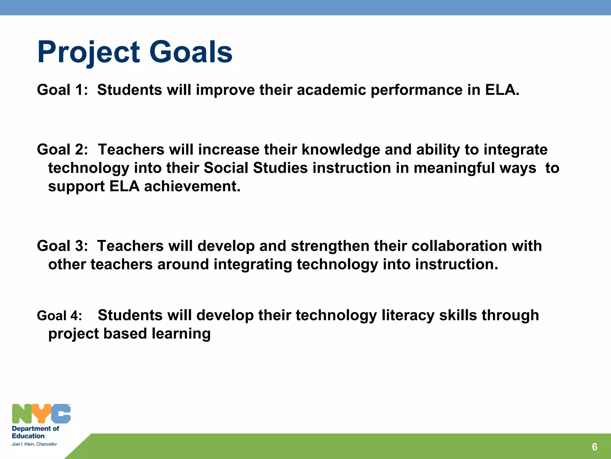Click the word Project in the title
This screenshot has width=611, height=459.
pyautogui.click(x=89, y=53)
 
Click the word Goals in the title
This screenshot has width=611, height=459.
pyautogui.click(x=191, y=53)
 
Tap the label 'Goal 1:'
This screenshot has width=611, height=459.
pyautogui.click(x=62, y=90)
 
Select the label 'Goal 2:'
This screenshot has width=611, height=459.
pyautogui.click(x=62, y=150)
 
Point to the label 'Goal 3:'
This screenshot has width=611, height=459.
pyautogui.click(x=62, y=246)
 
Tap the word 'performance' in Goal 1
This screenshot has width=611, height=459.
pyautogui.click(x=416, y=90)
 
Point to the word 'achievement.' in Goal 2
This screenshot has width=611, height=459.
pyautogui.click(x=192, y=186)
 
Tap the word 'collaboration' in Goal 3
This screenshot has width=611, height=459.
pyautogui.click(x=459, y=246)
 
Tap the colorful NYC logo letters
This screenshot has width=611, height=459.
pyautogui.click(x=41, y=414)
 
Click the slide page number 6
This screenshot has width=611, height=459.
pyautogui.click(x=594, y=447)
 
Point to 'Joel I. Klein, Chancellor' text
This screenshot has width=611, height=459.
pyautogui.click(x=34, y=444)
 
